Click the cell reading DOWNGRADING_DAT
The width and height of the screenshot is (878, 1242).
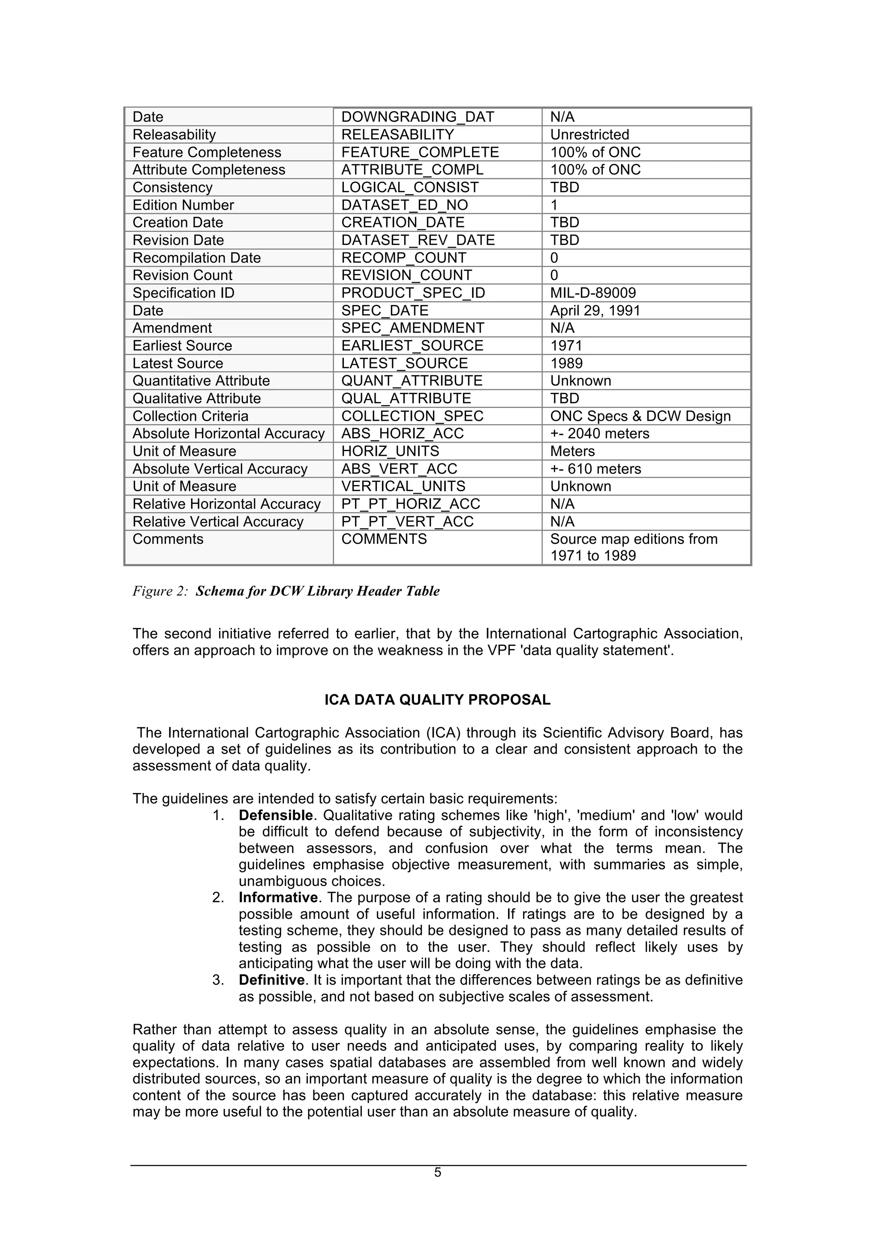[x=418, y=117]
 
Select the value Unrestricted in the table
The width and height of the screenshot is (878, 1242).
[x=589, y=135]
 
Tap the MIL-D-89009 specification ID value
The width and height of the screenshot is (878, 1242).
[x=592, y=293]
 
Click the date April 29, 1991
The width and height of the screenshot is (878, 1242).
[x=595, y=310]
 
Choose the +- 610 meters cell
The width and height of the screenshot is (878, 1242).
[x=595, y=469]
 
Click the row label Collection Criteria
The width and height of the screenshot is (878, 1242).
[x=190, y=416]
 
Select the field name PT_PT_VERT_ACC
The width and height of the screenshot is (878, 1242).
[x=407, y=522]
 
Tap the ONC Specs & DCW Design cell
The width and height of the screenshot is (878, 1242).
[x=640, y=416]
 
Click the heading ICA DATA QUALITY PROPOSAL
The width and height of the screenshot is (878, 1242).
[x=437, y=700]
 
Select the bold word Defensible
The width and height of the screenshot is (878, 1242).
[x=276, y=816]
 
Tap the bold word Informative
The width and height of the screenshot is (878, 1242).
[x=278, y=898]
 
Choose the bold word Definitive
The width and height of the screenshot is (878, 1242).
[x=271, y=980]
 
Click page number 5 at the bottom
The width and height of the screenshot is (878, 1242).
[x=437, y=1172]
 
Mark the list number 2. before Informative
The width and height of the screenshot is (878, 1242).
[x=218, y=898]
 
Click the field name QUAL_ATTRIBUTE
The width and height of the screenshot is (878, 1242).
[x=406, y=399]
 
